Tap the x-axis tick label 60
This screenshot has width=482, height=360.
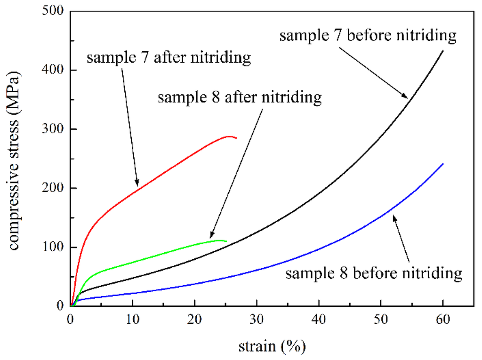[x=443, y=320]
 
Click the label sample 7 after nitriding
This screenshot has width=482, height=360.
[x=168, y=58]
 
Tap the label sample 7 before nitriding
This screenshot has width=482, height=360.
[x=368, y=36]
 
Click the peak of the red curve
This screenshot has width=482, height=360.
[x=229, y=136]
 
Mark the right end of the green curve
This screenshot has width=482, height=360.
[x=226, y=241]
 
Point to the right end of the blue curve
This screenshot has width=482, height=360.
[x=443, y=164]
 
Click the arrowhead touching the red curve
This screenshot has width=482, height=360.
[x=137, y=184]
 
